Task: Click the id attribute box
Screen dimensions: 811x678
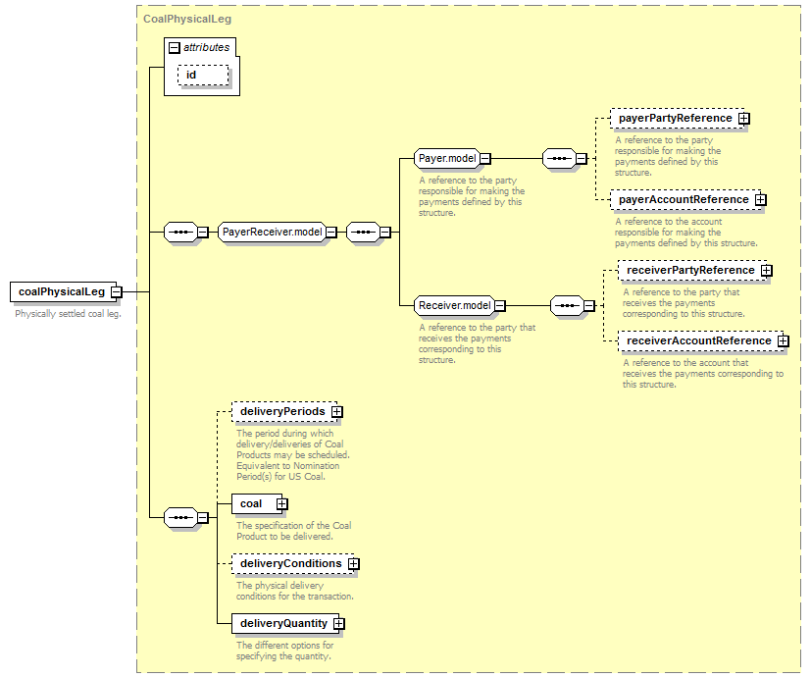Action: point(203,75)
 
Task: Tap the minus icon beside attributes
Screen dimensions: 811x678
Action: point(175,48)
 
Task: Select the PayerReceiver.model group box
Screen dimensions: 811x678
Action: point(273,232)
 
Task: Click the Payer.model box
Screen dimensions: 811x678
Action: point(447,158)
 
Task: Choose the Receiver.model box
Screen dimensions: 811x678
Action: point(455,305)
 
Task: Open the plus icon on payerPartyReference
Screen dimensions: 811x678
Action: point(743,119)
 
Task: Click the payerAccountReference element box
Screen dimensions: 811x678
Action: point(685,200)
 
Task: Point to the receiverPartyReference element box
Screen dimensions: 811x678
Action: point(692,270)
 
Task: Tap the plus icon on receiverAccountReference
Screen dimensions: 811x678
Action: point(784,341)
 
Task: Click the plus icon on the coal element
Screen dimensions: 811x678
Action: point(281,504)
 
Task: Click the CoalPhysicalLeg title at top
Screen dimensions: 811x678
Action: point(187,20)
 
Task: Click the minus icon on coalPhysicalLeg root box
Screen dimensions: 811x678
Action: point(117,291)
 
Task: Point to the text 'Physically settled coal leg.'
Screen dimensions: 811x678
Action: point(68,314)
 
